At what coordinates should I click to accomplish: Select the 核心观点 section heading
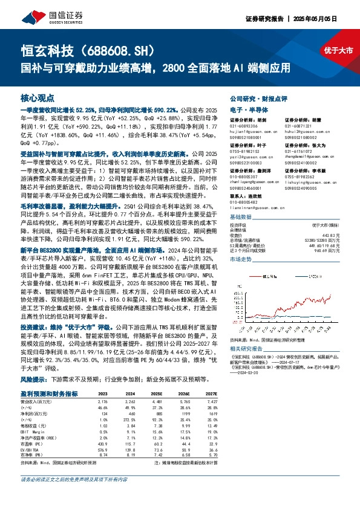click(x=38, y=97)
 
